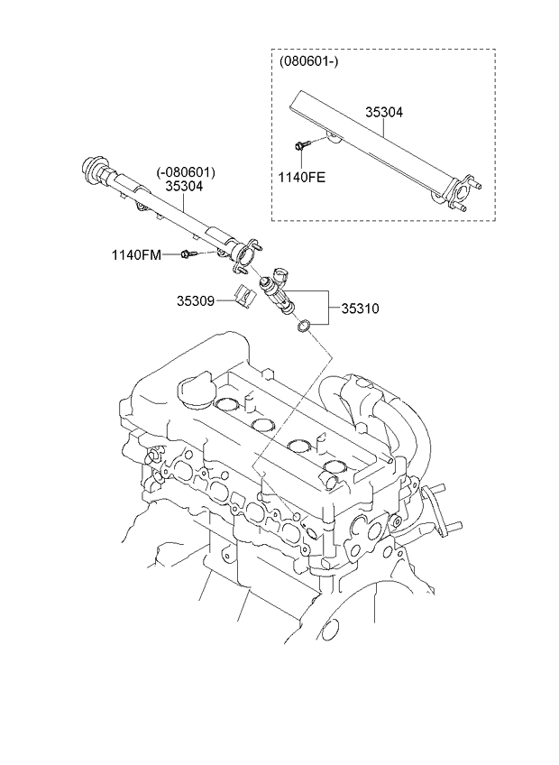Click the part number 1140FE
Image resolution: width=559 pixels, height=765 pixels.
pos(301,177)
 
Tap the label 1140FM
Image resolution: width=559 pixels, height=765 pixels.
pos(136,254)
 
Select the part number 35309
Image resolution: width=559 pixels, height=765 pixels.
pos(195,301)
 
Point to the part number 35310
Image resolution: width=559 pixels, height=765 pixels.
pos(360,309)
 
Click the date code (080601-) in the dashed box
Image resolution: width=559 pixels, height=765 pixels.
pos(308,61)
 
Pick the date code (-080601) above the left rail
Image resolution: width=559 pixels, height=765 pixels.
pos(186,172)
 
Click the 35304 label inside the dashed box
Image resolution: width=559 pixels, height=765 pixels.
pos(384,112)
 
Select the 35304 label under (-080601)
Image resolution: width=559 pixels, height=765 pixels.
pos(184,186)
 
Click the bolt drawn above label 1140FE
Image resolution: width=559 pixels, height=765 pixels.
pos(300,145)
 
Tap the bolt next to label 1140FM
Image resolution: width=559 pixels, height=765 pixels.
pos(189,253)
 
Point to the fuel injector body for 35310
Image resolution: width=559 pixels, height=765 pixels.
pos(279,290)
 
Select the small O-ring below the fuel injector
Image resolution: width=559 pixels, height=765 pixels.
pos(304,325)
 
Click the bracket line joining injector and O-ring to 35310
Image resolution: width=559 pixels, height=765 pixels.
pos(328,308)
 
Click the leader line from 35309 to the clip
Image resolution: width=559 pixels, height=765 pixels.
pos(225,301)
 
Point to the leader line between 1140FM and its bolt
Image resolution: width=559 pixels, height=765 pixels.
pos(171,254)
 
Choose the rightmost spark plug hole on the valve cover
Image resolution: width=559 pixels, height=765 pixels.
pos(335,465)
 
